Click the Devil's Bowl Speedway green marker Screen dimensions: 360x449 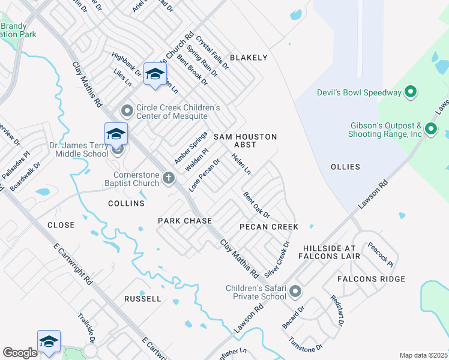[411, 92]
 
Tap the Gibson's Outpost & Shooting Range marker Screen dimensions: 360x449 [430, 129]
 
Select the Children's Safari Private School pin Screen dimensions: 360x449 [295, 292]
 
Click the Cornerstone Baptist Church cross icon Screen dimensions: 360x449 [169, 178]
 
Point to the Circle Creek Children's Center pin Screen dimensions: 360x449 [127, 111]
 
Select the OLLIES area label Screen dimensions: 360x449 [345, 167]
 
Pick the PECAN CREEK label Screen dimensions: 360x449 [268, 227]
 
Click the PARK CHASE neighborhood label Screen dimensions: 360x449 [185, 221]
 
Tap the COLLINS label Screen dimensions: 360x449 [126, 203]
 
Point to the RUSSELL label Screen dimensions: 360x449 [142, 298]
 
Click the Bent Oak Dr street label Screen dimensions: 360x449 [256, 205]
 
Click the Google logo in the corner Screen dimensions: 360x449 [20, 353]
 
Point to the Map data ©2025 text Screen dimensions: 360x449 [423, 355]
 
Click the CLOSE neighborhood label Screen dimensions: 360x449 [61, 225]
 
